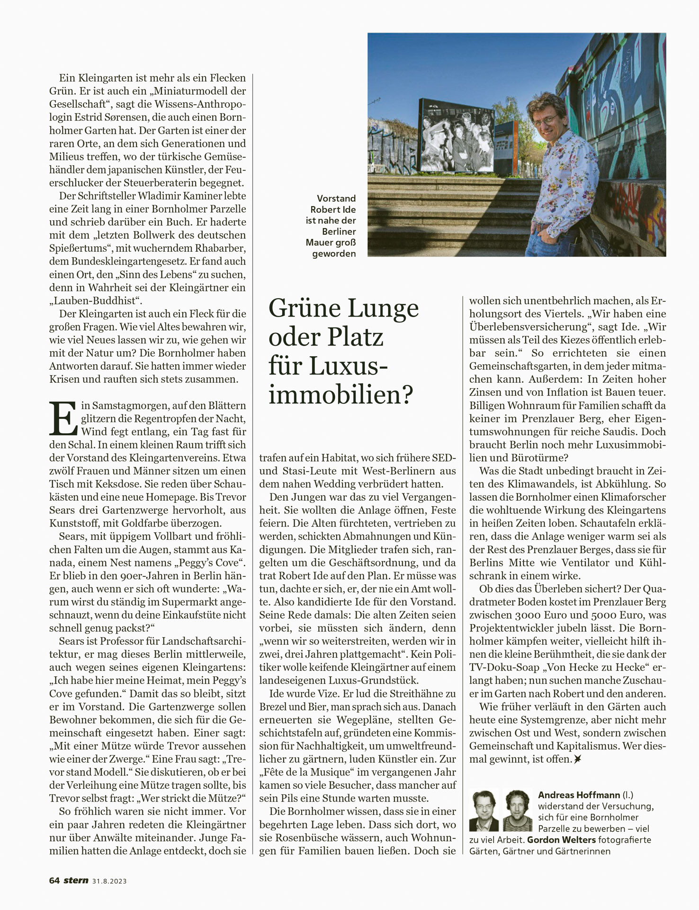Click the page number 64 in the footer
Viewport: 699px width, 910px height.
coord(54,880)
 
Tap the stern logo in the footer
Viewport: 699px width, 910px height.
coord(76,880)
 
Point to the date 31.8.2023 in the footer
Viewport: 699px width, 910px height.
coord(109,881)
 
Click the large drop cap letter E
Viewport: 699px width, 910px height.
coord(63,419)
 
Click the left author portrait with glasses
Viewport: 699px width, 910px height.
coord(484,810)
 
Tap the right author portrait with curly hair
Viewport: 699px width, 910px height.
coord(518,810)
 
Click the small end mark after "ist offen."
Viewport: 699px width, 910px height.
coord(577,759)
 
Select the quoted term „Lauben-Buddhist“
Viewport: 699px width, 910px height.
coord(96,300)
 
